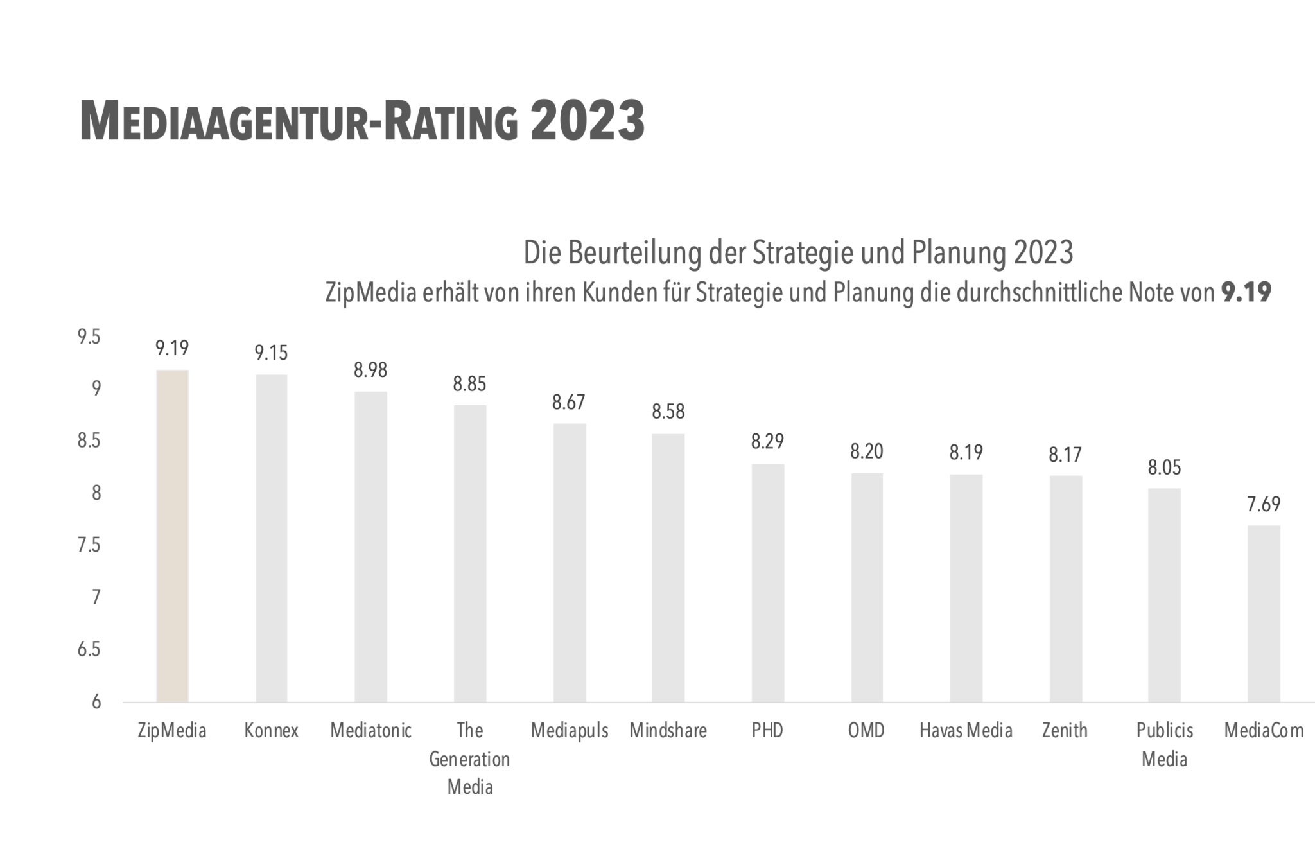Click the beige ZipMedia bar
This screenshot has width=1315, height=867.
172,536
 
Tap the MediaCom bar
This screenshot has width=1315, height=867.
1264,613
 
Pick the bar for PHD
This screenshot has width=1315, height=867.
767,582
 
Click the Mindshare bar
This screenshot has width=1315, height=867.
668,568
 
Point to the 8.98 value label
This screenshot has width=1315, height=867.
370,371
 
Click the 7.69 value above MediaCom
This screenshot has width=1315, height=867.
1264,505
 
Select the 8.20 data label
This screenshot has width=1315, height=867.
867,452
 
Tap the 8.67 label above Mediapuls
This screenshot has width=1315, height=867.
569,403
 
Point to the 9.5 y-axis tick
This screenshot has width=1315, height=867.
89,337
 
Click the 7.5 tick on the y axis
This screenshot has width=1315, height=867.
89,545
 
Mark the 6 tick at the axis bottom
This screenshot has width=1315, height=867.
96,702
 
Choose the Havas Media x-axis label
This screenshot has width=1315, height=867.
966,731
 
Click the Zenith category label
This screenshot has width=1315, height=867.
1065,731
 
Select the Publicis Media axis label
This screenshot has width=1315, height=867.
1164,745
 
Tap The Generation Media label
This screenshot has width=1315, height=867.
469,758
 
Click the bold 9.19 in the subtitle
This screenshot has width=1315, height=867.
1246,293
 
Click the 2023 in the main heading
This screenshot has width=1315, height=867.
587,121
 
